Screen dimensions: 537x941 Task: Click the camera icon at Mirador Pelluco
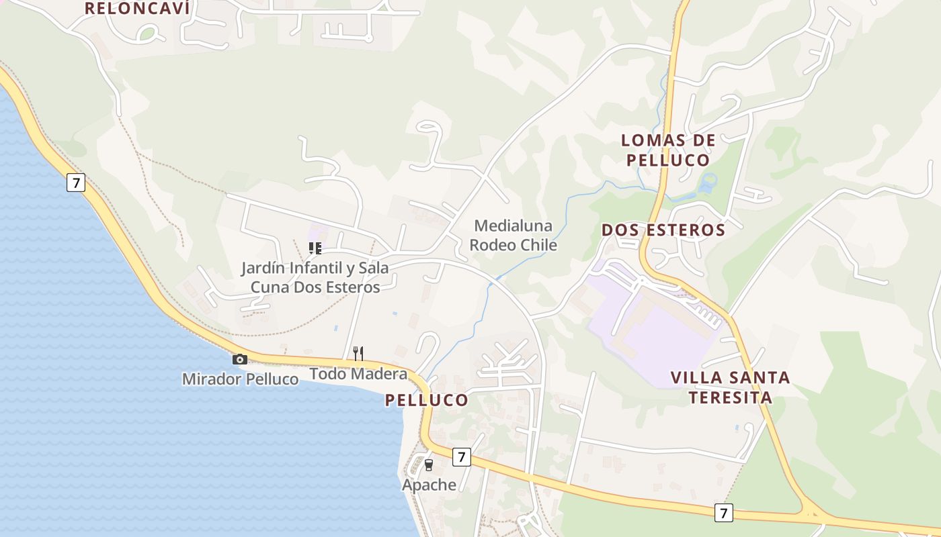click(x=240, y=360)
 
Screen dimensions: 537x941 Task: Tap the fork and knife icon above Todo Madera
click(x=358, y=353)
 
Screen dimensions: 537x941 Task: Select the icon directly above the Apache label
click(x=428, y=465)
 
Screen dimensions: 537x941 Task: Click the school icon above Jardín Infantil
click(x=315, y=248)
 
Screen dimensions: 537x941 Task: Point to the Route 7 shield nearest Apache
click(x=460, y=457)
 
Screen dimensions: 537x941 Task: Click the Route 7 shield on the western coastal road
click(x=76, y=182)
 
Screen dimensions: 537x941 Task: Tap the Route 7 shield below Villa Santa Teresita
click(x=723, y=513)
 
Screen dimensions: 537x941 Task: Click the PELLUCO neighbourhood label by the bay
click(x=426, y=400)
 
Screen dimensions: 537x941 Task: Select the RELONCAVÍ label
click(x=137, y=8)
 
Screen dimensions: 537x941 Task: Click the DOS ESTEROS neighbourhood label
click(x=663, y=230)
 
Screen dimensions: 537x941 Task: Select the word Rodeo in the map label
click(x=493, y=245)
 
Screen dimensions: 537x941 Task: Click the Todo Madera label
click(x=358, y=374)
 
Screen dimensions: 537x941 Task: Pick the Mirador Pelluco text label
click(x=240, y=379)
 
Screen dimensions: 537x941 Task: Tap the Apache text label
click(x=429, y=485)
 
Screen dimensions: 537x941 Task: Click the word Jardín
click(x=263, y=268)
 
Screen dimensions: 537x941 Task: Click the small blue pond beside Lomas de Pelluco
click(x=708, y=182)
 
